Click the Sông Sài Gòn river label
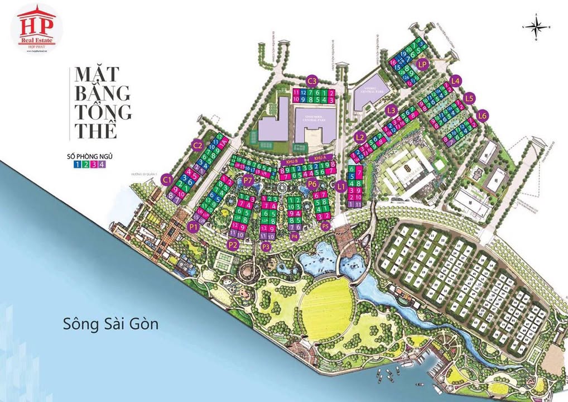pyautogui.click(x=111, y=323)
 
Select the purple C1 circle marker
pyautogui.click(x=167, y=180)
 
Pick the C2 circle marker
pyautogui.click(x=197, y=145)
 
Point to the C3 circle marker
pyautogui.click(x=312, y=79)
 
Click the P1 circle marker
pyautogui.click(x=194, y=227)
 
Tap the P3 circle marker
pyautogui.click(x=266, y=246)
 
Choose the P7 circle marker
pyautogui.click(x=248, y=180)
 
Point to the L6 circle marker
pyautogui.click(x=483, y=116)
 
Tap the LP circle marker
pyautogui.click(x=422, y=64)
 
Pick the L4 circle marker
pyautogui.click(x=456, y=80)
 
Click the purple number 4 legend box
pyautogui.click(x=102, y=164)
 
